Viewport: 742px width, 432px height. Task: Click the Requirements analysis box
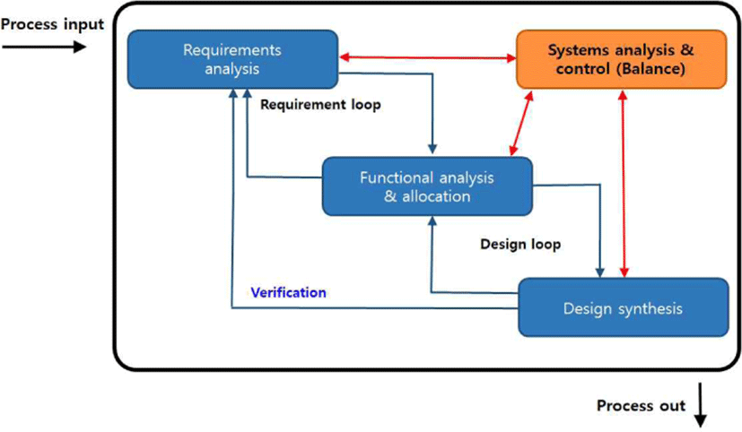pyautogui.click(x=232, y=59)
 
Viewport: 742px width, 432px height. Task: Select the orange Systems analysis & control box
pyautogui.click(x=622, y=59)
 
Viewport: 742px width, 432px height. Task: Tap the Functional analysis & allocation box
pyautogui.click(x=427, y=186)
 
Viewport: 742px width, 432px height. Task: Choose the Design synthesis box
pyautogui.click(x=624, y=307)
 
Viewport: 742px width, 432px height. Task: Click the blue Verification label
pyautogui.click(x=288, y=292)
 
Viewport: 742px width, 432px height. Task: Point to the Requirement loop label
pyautogui.click(x=320, y=105)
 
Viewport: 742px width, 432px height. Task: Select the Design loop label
pyautogui.click(x=520, y=245)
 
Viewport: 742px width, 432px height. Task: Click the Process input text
pyautogui.click(x=52, y=24)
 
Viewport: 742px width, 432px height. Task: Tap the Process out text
pyautogui.click(x=641, y=405)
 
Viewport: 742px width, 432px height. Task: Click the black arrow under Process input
pyautogui.click(x=45, y=47)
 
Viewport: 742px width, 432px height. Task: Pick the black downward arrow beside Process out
pyautogui.click(x=701, y=405)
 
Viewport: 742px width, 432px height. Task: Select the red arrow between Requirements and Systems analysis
pyautogui.click(x=428, y=57)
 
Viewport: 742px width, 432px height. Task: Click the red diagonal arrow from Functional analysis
pyautogui.click(x=521, y=123)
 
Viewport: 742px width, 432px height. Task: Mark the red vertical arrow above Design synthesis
pyautogui.click(x=624, y=184)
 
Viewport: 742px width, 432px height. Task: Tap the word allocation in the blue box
pyautogui.click(x=436, y=196)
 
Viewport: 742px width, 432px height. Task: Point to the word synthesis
pyautogui.click(x=650, y=309)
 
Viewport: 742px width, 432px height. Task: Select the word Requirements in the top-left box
pyautogui.click(x=232, y=50)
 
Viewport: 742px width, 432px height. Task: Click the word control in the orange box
pyautogui.click(x=583, y=69)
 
